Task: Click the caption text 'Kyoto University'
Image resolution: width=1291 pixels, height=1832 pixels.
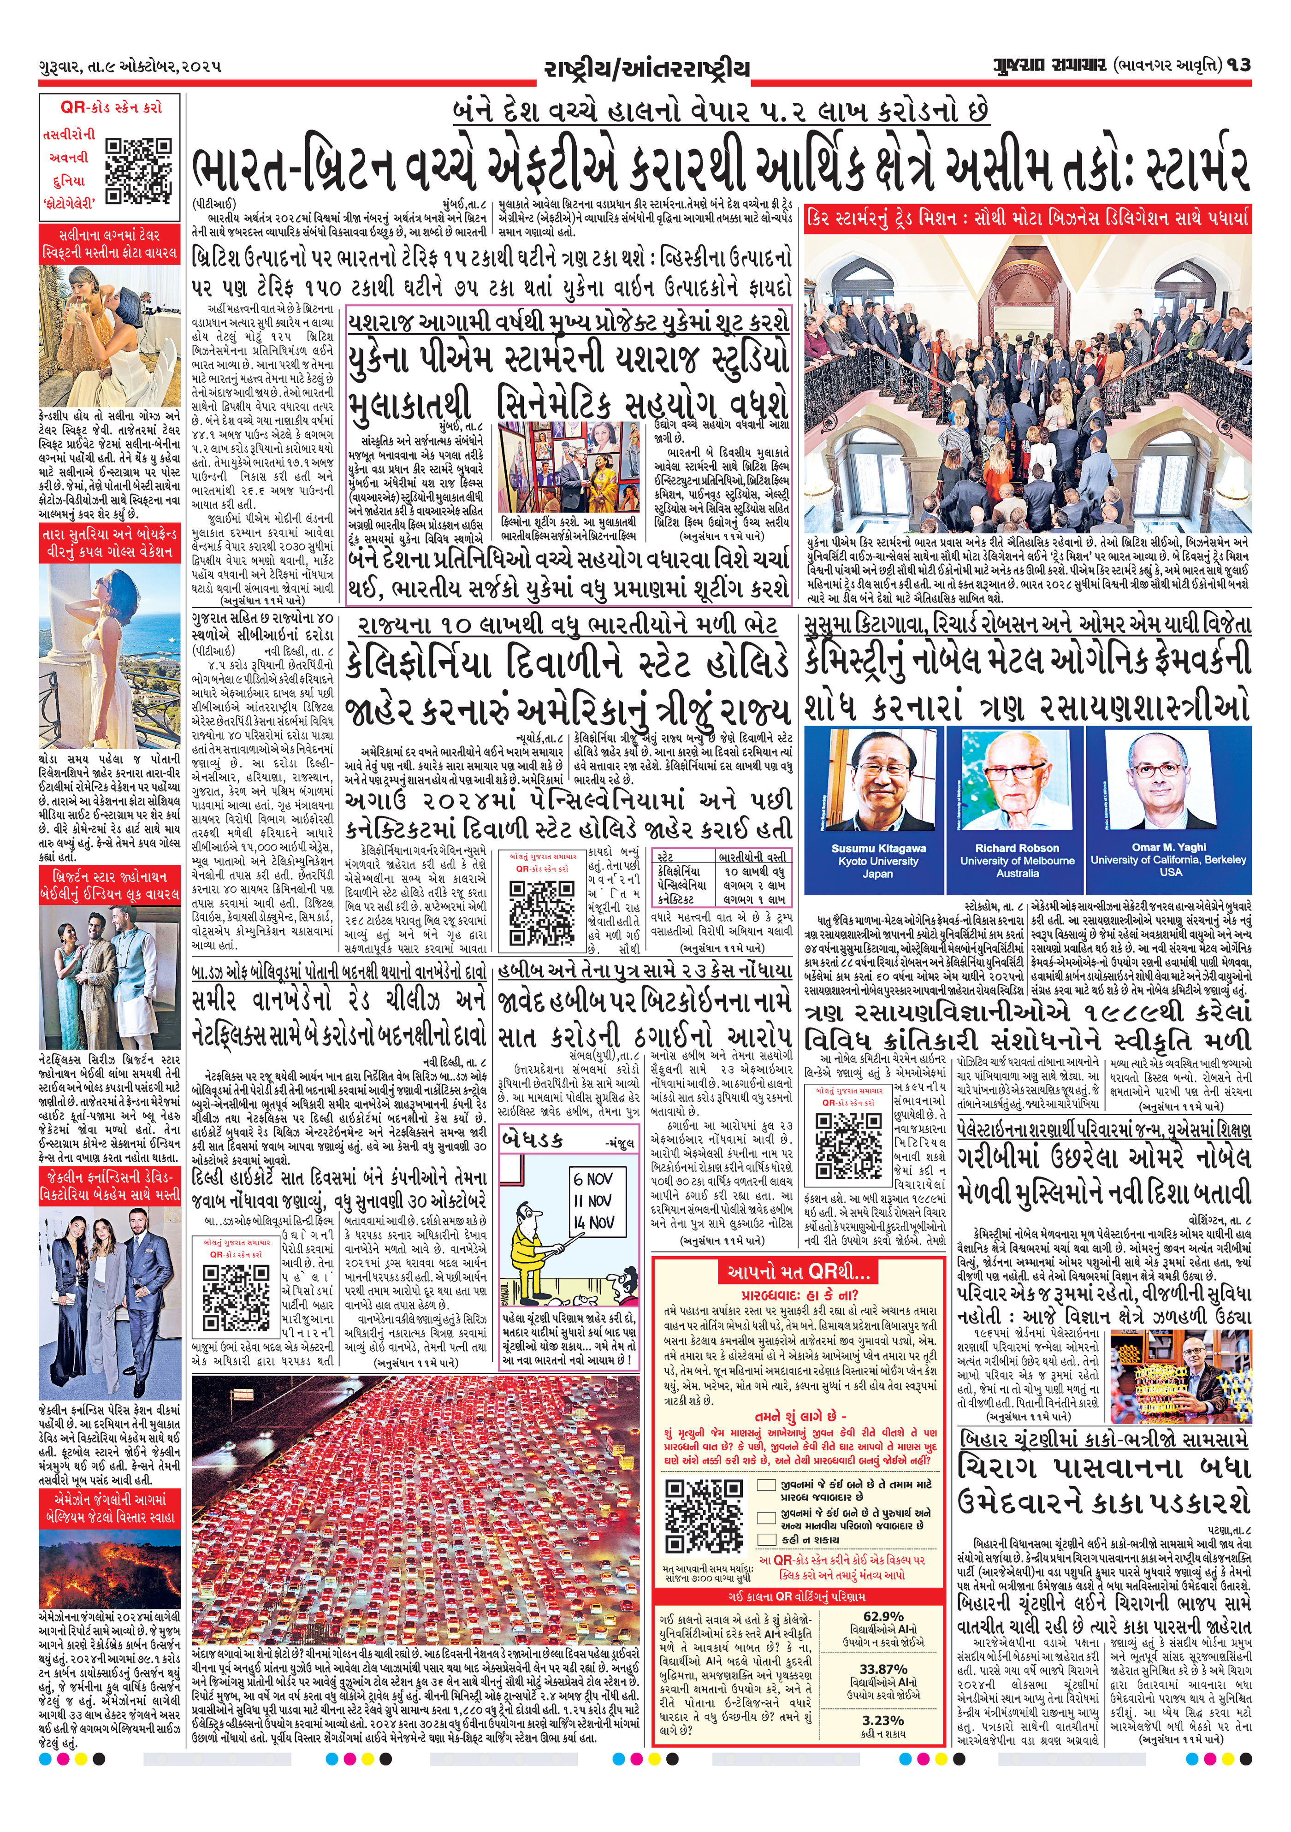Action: pyautogui.click(x=878, y=861)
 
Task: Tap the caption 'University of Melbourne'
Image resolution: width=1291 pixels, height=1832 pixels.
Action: pyautogui.click(x=1017, y=861)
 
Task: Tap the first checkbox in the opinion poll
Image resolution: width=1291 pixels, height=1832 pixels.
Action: pyautogui.click(x=767, y=1485)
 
